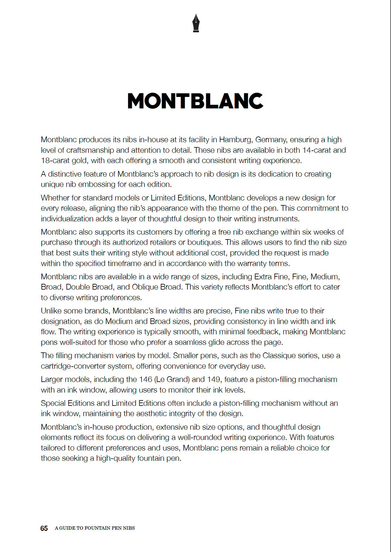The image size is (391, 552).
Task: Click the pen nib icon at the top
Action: pos(196,23)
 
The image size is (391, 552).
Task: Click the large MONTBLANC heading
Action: pos(195,101)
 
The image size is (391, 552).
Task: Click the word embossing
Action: pos(95,185)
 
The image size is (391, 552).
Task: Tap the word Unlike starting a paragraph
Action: pos(51,311)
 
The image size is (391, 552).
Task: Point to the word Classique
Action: pos(280,356)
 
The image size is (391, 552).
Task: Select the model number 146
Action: pos(145,380)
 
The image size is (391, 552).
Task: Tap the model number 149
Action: pos(214,380)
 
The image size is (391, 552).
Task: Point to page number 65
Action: pos(44,528)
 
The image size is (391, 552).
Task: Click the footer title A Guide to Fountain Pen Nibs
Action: pos(95,528)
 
